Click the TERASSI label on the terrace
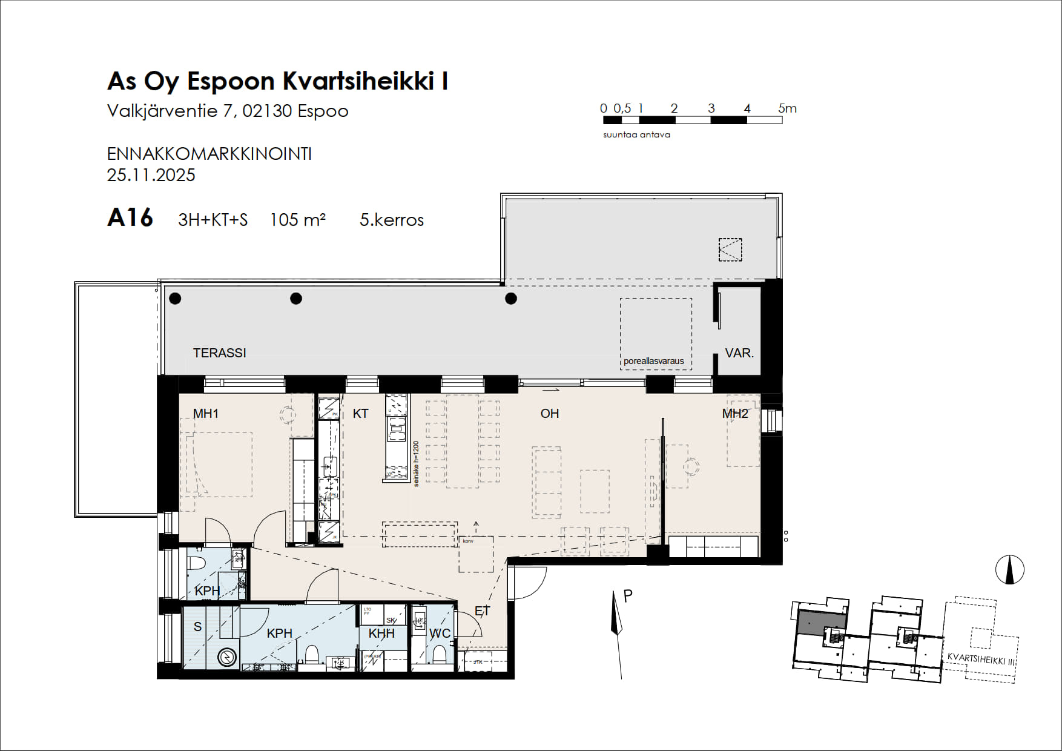tap(219, 352)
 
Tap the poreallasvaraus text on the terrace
tap(653, 361)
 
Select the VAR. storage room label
tap(739, 352)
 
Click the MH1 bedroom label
tap(205, 414)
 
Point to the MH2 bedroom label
tap(735, 414)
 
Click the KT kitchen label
tap(360, 414)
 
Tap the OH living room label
tap(549, 414)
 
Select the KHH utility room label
tap(381, 634)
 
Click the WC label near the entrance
tap(440, 634)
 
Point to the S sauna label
tap(197, 627)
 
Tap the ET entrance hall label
tap(482, 611)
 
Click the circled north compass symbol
tap(1009, 570)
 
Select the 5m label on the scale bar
tap(787, 108)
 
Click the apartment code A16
tap(130, 217)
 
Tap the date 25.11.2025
tap(151, 175)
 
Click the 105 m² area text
tap(297, 219)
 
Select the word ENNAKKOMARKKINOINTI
tap(209, 154)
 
